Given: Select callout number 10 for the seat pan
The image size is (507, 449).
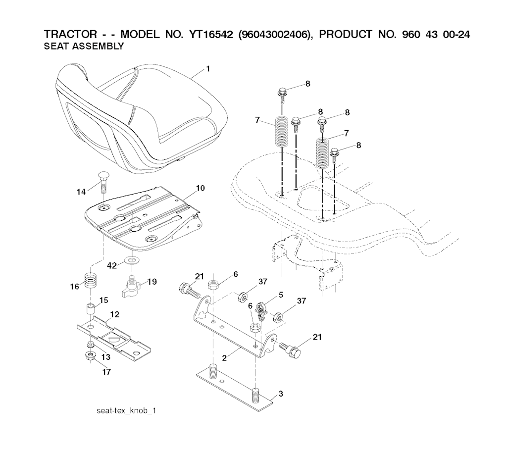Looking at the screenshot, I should tap(200, 188).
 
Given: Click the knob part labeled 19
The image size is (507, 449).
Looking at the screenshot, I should tap(132, 287).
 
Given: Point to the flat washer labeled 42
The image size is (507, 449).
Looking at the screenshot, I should tap(132, 260).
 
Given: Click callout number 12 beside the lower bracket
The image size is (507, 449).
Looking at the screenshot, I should tap(114, 314).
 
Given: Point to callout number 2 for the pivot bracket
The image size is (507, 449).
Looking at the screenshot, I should tap(224, 358).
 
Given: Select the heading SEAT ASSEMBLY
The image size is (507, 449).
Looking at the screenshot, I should tap(84, 47).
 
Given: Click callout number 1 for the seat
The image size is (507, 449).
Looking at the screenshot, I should tap(208, 69).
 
